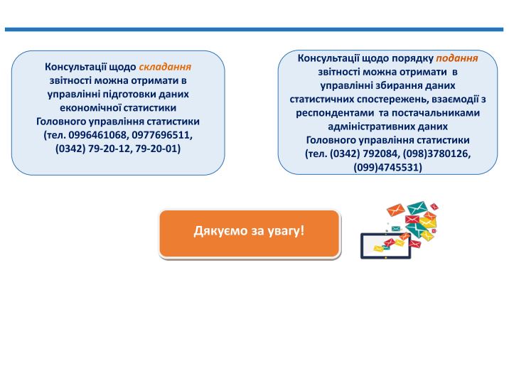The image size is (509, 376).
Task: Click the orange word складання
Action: (165, 67)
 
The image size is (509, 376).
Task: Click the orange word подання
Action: (456, 58)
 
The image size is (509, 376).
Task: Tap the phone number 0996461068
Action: (97, 135)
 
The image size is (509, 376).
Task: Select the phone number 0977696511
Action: (161, 135)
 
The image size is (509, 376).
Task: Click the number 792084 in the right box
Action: (380, 154)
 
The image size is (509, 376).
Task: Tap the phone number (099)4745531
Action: (388, 167)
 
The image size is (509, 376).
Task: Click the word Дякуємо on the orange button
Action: (221, 231)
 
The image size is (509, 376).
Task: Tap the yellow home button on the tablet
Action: (385, 257)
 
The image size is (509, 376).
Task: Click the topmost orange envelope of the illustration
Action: (396, 210)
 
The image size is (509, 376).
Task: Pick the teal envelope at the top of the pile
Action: (417, 208)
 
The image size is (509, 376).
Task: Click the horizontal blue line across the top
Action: (254, 30)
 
